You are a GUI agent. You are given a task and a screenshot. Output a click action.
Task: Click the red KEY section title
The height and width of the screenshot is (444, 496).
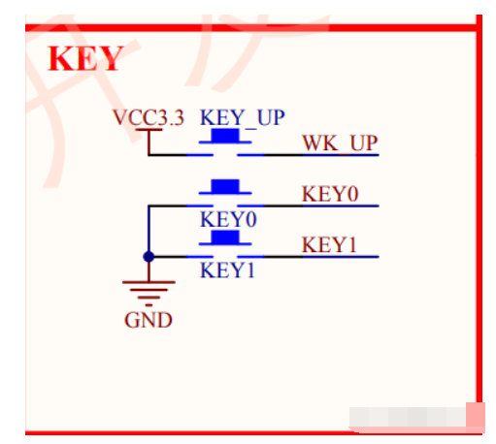coord(85,58)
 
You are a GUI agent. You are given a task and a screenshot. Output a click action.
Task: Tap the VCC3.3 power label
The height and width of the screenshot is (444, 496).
coord(149,117)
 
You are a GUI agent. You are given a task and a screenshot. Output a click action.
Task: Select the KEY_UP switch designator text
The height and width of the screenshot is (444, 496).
coord(243,117)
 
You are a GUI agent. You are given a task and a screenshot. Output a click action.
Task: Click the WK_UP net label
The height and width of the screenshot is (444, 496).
coord(340,143)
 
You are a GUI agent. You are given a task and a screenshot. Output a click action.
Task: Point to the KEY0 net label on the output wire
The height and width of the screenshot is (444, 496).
coord(330,194)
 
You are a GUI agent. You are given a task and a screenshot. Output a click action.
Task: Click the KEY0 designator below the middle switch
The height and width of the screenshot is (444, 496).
coord(228,219)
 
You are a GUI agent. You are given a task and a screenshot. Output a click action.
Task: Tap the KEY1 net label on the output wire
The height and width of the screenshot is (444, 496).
coord(329,244)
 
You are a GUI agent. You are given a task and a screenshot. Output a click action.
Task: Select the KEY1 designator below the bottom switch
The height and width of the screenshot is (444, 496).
coord(227,270)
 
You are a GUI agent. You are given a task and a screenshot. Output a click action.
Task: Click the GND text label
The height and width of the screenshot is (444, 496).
coord(149,320)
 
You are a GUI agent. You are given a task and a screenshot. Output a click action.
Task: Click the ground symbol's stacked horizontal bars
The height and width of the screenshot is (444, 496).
coord(149,294)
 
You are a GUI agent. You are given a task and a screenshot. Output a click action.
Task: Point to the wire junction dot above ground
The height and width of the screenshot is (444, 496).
coord(149,257)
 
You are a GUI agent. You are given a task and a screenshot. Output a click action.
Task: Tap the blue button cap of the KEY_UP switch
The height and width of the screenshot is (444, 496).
coord(225,136)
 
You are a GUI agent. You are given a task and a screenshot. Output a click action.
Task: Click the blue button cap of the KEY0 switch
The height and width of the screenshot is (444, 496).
coord(225,186)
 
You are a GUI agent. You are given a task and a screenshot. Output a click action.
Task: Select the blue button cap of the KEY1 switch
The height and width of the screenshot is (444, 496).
coord(225,238)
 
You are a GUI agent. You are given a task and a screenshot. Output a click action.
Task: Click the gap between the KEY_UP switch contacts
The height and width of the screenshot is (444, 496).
coord(225,155)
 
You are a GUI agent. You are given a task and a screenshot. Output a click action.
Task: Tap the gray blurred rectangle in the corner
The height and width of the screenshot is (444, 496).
coord(408,417)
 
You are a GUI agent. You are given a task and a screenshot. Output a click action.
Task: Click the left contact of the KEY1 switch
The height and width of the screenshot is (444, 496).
coord(200,257)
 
